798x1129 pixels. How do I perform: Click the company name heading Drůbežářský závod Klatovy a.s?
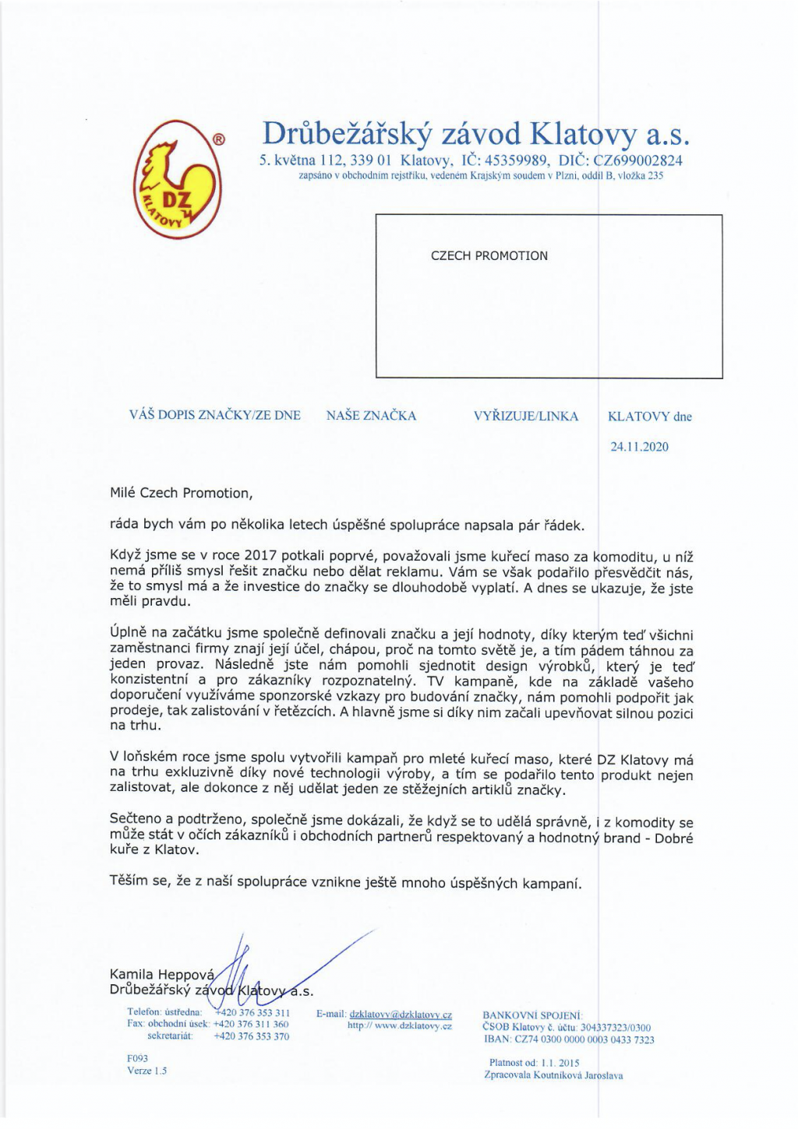click(x=476, y=134)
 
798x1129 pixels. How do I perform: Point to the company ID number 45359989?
click(x=518, y=160)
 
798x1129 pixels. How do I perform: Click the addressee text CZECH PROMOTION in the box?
click(x=489, y=255)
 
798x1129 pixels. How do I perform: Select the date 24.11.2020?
click(x=639, y=447)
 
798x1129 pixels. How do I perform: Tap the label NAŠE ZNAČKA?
click(x=371, y=416)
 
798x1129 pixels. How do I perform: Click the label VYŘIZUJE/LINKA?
click(x=526, y=416)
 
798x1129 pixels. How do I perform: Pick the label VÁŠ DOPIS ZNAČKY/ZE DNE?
click(x=214, y=415)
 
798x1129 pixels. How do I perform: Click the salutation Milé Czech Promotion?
click(x=181, y=493)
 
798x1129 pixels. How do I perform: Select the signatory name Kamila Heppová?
click(x=161, y=975)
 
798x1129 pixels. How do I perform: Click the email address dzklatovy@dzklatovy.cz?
click(x=401, y=1015)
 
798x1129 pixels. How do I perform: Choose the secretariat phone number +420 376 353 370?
click(x=251, y=1036)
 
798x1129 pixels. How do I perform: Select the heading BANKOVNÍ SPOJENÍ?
click(x=532, y=1015)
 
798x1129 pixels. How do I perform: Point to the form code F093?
click(x=137, y=1059)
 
